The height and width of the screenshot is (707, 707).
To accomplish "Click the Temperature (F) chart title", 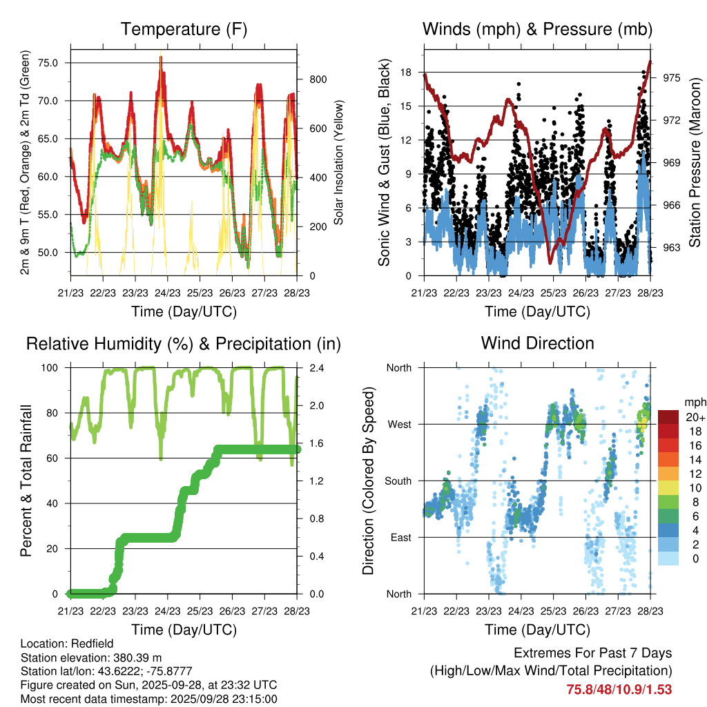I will point(184,29).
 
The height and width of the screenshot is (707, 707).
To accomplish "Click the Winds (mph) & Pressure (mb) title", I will point(537,29).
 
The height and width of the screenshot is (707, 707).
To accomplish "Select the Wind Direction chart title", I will point(537,342).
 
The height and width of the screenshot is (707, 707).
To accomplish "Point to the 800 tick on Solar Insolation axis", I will point(317,79).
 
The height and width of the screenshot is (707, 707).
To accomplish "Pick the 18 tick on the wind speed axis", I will point(406,72).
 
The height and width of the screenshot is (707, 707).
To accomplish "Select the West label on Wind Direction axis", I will point(399,425).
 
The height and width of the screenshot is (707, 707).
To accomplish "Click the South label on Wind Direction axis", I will point(398,481).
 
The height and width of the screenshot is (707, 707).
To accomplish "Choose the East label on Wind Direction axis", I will point(400,538).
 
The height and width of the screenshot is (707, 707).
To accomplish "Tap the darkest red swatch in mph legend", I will point(668,417).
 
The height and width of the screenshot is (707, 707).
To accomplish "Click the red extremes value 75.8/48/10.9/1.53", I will point(619,689).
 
